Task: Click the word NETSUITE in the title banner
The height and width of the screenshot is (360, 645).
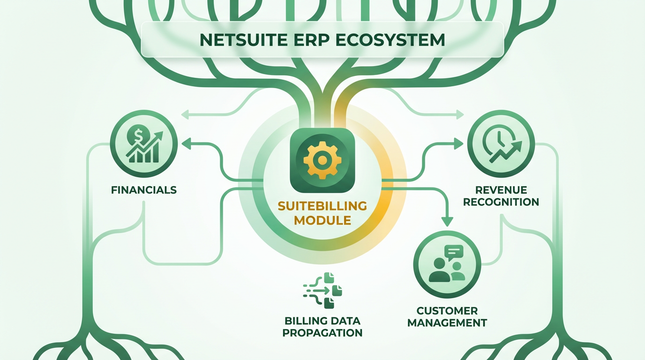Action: click(244, 40)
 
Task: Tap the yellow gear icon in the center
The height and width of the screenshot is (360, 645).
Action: click(322, 160)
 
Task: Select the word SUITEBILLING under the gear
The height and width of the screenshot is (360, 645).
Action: click(322, 206)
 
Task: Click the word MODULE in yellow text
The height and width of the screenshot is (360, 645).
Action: click(322, 220)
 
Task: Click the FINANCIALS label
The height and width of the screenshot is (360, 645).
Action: click(144, 190)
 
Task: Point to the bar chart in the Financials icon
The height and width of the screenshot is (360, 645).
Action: click(144, 153)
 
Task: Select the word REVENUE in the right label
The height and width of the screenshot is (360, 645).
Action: click(501, 190)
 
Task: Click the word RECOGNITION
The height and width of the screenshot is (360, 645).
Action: click(501, 202)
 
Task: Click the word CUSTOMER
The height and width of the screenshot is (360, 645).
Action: click(447, 311)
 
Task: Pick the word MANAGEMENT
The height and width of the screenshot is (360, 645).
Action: click(447, 322)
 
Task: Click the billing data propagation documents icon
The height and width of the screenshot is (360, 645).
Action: click(323, 291)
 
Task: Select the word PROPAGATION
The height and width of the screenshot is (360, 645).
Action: click(322, 333)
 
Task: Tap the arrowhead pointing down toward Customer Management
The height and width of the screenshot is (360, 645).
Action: click(447, 221)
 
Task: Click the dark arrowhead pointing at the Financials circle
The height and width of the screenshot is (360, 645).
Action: click(186, 144)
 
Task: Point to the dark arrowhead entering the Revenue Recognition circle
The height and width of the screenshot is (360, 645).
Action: click(458, 144)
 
